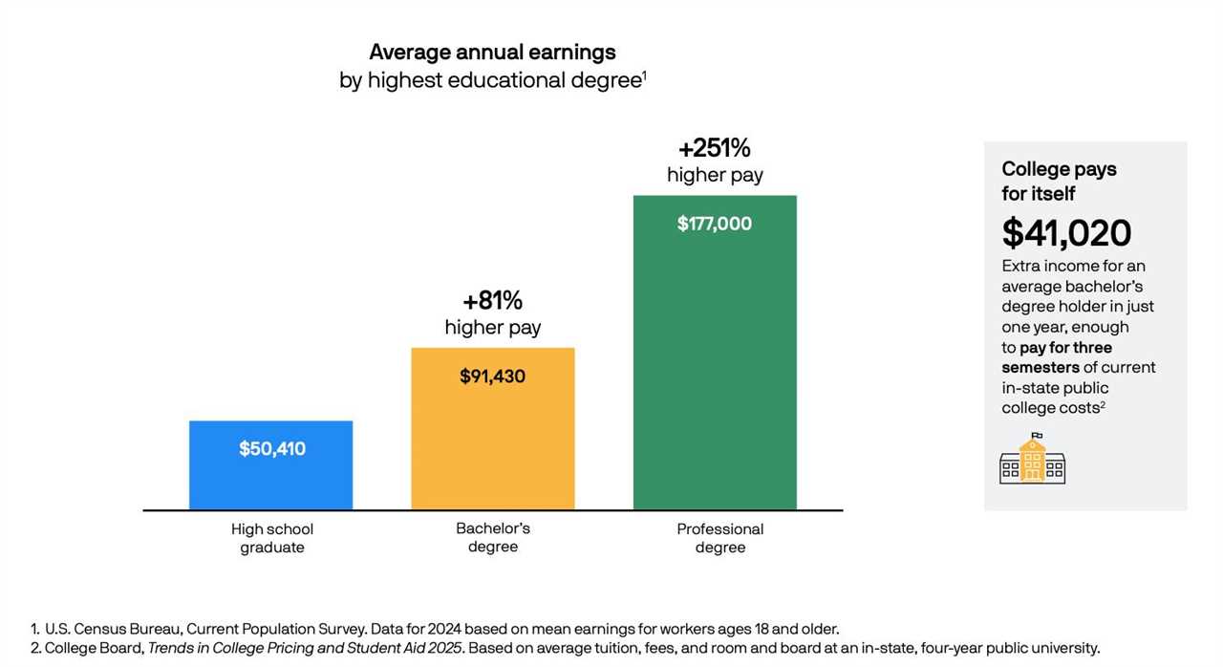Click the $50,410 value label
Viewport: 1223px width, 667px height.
[272, 448]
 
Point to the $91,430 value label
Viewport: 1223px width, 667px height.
[492, 376]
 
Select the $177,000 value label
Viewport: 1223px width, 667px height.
[714, 224]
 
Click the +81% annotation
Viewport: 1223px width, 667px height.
[492, 301]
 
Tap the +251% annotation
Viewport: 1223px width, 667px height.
[714, 148]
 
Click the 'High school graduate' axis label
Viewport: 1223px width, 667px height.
[272, 538]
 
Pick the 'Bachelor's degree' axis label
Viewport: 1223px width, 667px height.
[492, 537]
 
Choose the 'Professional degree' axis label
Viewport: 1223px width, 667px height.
[719, 538]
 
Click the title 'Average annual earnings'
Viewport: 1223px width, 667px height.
[492, 52]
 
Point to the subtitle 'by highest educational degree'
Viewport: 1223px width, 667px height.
[489, 80]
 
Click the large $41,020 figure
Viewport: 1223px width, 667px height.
[1066, 233]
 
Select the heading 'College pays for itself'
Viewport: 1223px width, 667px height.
[1059, 181]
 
